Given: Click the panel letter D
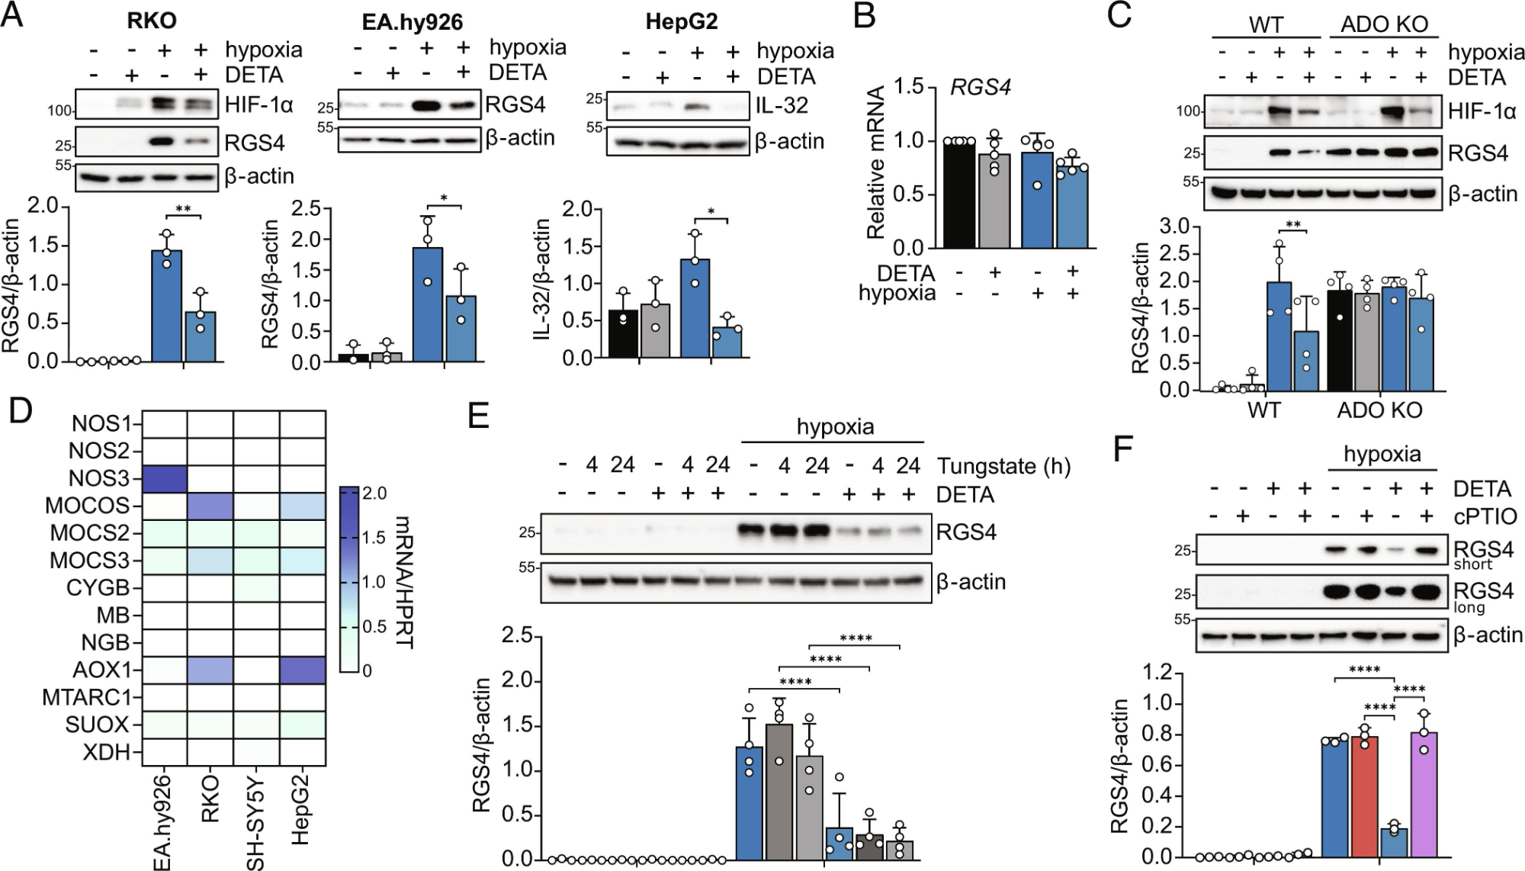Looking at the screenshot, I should click(20, 411).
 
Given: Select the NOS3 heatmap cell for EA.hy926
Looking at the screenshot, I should click(164, 479).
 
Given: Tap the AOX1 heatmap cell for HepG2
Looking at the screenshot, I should click(303, 670).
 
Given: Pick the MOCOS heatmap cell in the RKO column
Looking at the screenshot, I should click(210, 506).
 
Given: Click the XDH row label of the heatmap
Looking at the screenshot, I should click(108, 752).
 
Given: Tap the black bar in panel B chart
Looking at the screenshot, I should click(959, 194).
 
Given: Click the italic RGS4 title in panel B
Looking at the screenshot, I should click(980, 88).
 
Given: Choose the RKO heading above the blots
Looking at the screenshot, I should click(152, 21).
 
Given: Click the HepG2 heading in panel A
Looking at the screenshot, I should click(681, 21).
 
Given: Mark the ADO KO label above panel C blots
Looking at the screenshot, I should click(1384, 24).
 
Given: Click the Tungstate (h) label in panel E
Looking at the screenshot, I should click(1003, 466).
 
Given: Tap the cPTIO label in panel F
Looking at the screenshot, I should click(1485, 516).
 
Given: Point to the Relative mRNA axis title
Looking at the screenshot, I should click(877, 162).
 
